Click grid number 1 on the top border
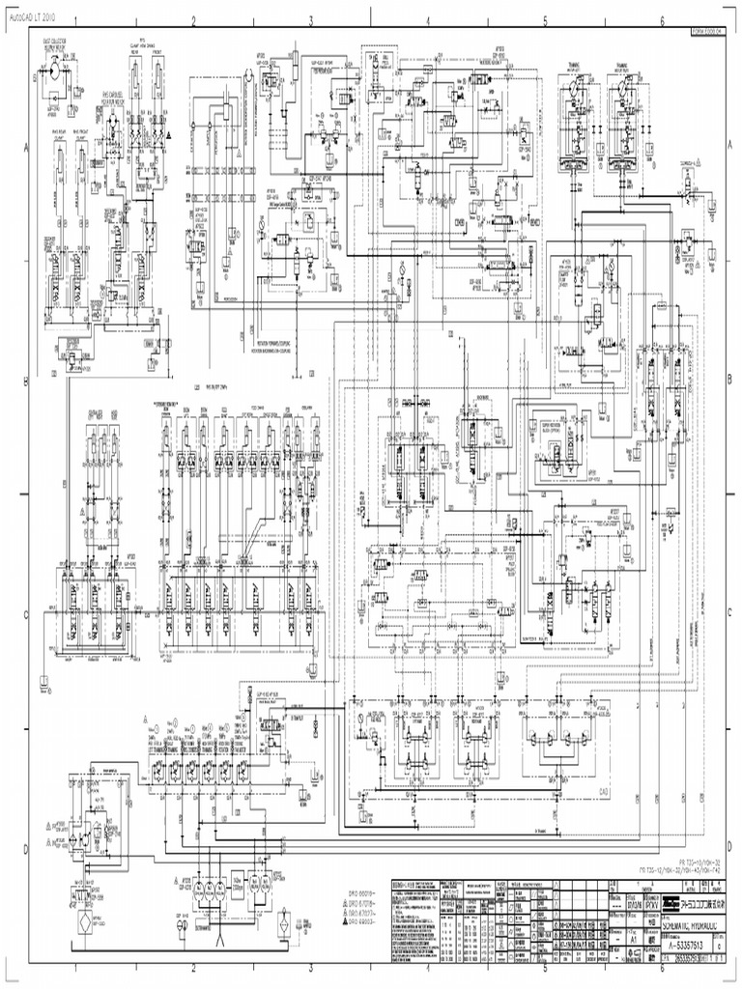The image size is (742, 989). (76, 18)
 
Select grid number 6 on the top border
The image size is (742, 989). (662, 18)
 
